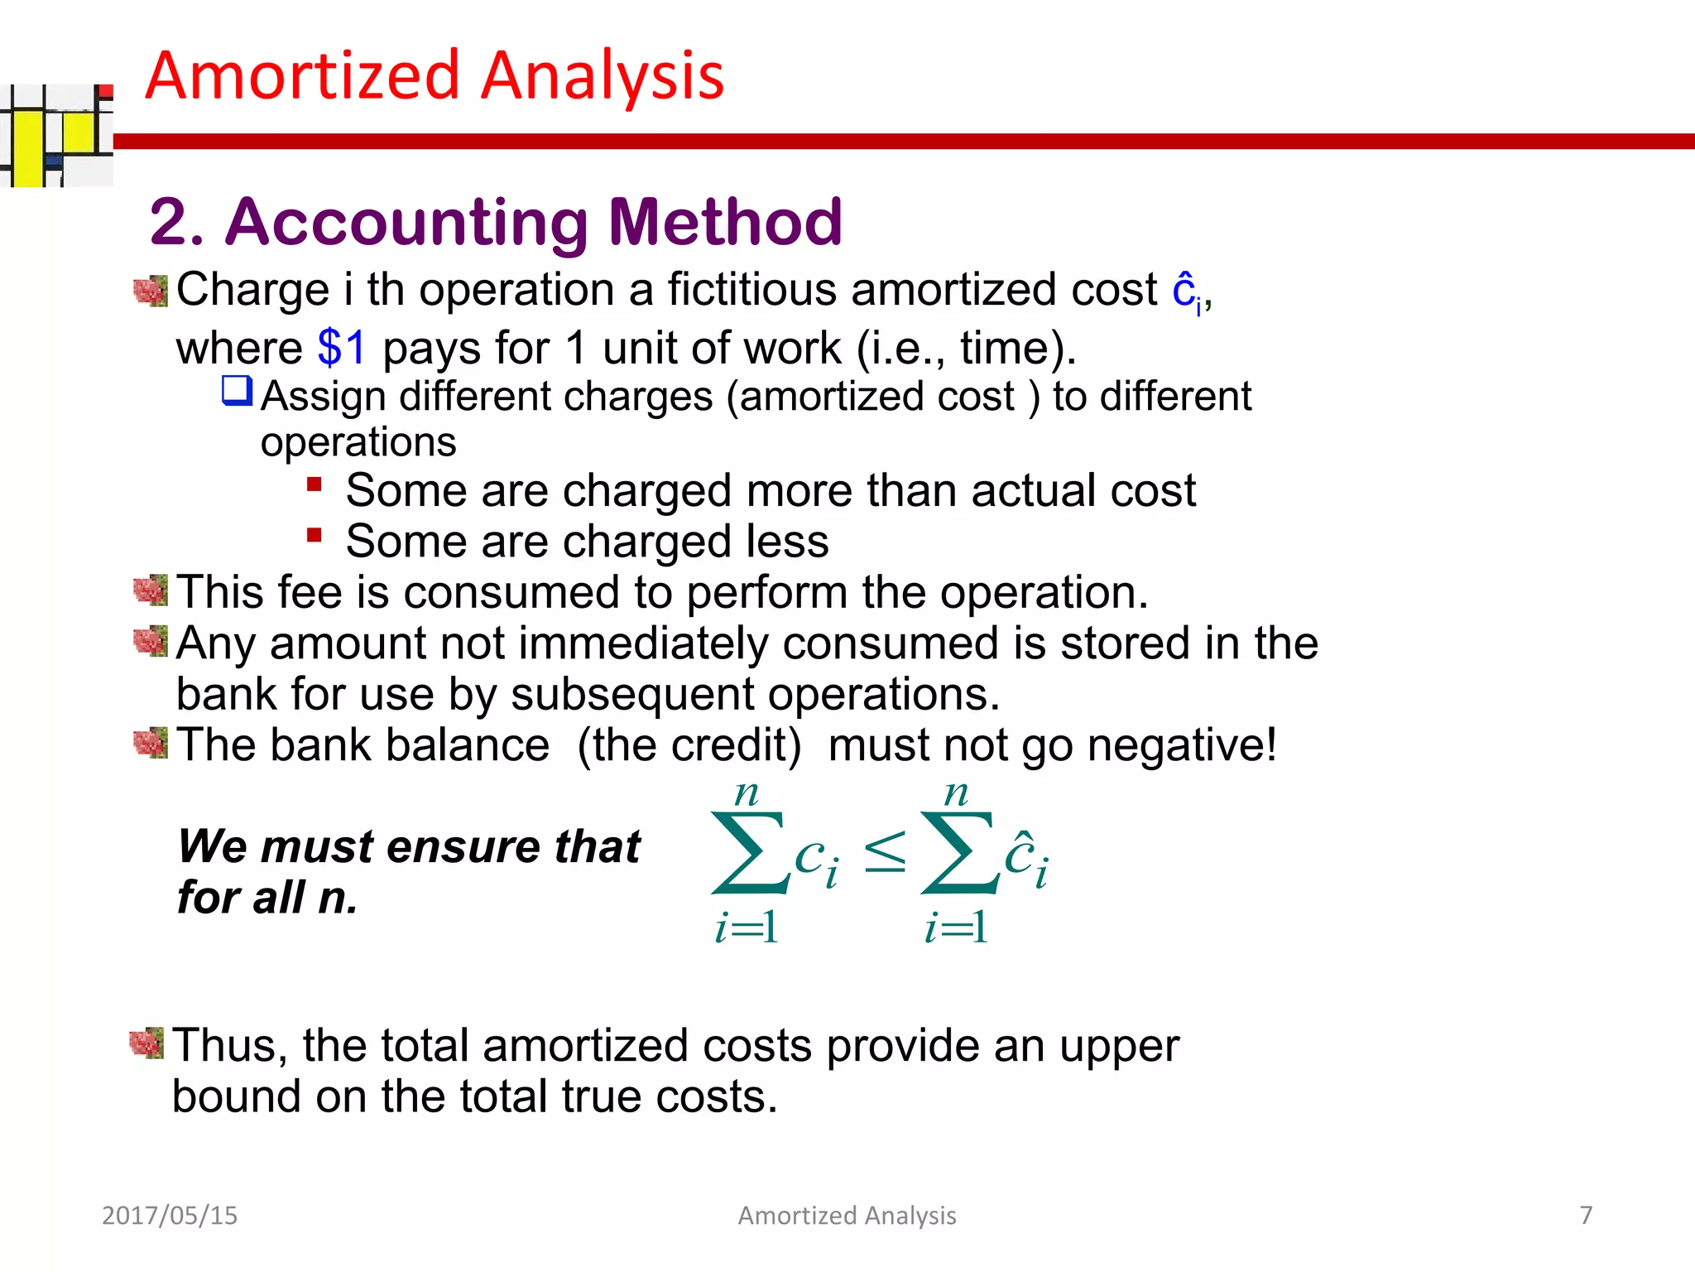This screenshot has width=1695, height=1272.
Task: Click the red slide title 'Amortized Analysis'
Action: click(x=435, y=75)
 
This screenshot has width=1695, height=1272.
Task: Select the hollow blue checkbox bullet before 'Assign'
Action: click(x=237, y=391)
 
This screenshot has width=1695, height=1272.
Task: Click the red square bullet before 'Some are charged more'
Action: click(x=314, y=484)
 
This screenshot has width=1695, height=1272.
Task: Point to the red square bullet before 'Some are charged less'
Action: click(x=314, y=535)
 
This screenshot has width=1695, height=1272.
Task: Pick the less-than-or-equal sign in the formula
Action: click(x=885, y=852)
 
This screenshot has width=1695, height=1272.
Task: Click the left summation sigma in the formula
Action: click(x=748, y=853)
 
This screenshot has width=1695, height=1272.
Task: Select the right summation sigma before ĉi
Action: click(x=958, y=853)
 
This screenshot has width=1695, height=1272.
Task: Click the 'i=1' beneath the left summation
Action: click(x=746, y=927)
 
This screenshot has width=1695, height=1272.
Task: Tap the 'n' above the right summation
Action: click(x=956, y=794)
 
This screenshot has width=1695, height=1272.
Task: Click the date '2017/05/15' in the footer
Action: click(x=170, y=1215)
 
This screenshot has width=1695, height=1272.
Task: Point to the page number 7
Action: click(x=1586, y=1215)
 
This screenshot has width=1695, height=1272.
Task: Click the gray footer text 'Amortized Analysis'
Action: click(x=847, y=1215)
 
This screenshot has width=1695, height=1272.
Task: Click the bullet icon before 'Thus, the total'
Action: click(x=147, y=1043)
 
